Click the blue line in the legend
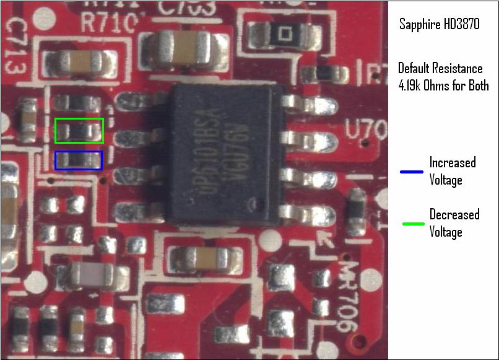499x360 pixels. (411, 172)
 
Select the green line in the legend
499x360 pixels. (411, 223)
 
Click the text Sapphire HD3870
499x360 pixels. (439, 25)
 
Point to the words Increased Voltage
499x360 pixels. (453, 171)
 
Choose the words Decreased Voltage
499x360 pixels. (454, 223)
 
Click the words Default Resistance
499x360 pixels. (440, 68)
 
